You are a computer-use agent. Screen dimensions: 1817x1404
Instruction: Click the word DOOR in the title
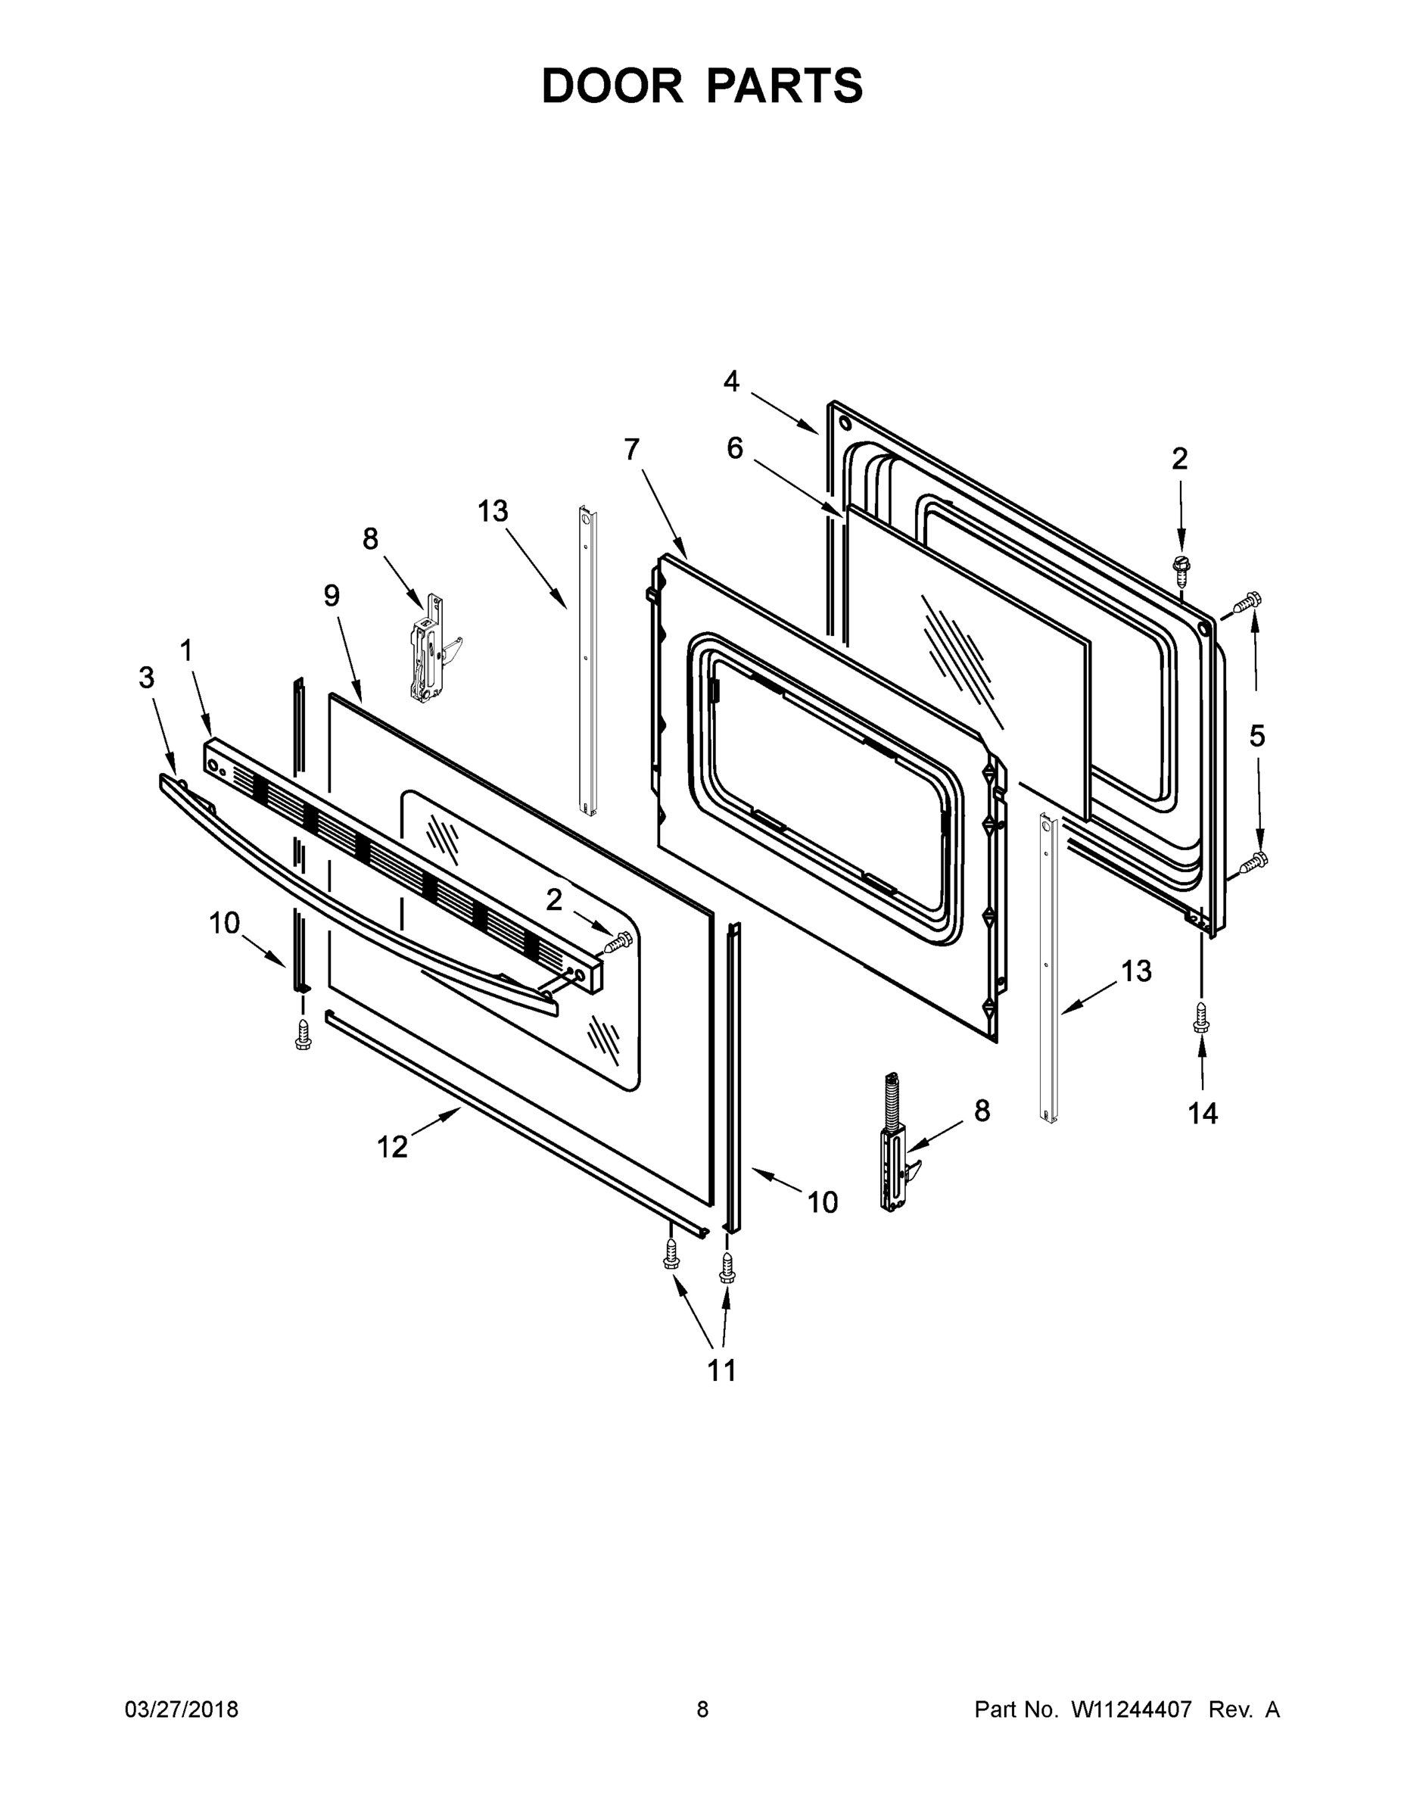point(612,86)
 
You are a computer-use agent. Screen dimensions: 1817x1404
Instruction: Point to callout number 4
point(730,382)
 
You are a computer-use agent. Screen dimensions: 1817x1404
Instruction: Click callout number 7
point(632,449)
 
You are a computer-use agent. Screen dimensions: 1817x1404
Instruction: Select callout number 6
point(734,448)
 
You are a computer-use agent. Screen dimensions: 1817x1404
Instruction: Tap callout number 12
point(393,1147)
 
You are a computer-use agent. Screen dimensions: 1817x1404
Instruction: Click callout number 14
point(1203,1112)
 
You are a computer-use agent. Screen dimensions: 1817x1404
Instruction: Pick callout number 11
point(721,1370)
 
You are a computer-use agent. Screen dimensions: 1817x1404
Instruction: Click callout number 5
point(1256,735)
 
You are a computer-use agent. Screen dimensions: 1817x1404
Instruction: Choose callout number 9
point(332,596)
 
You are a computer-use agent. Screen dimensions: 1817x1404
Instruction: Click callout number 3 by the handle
point(146,678)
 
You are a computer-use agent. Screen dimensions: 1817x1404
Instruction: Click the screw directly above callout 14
point(1200,1017)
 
